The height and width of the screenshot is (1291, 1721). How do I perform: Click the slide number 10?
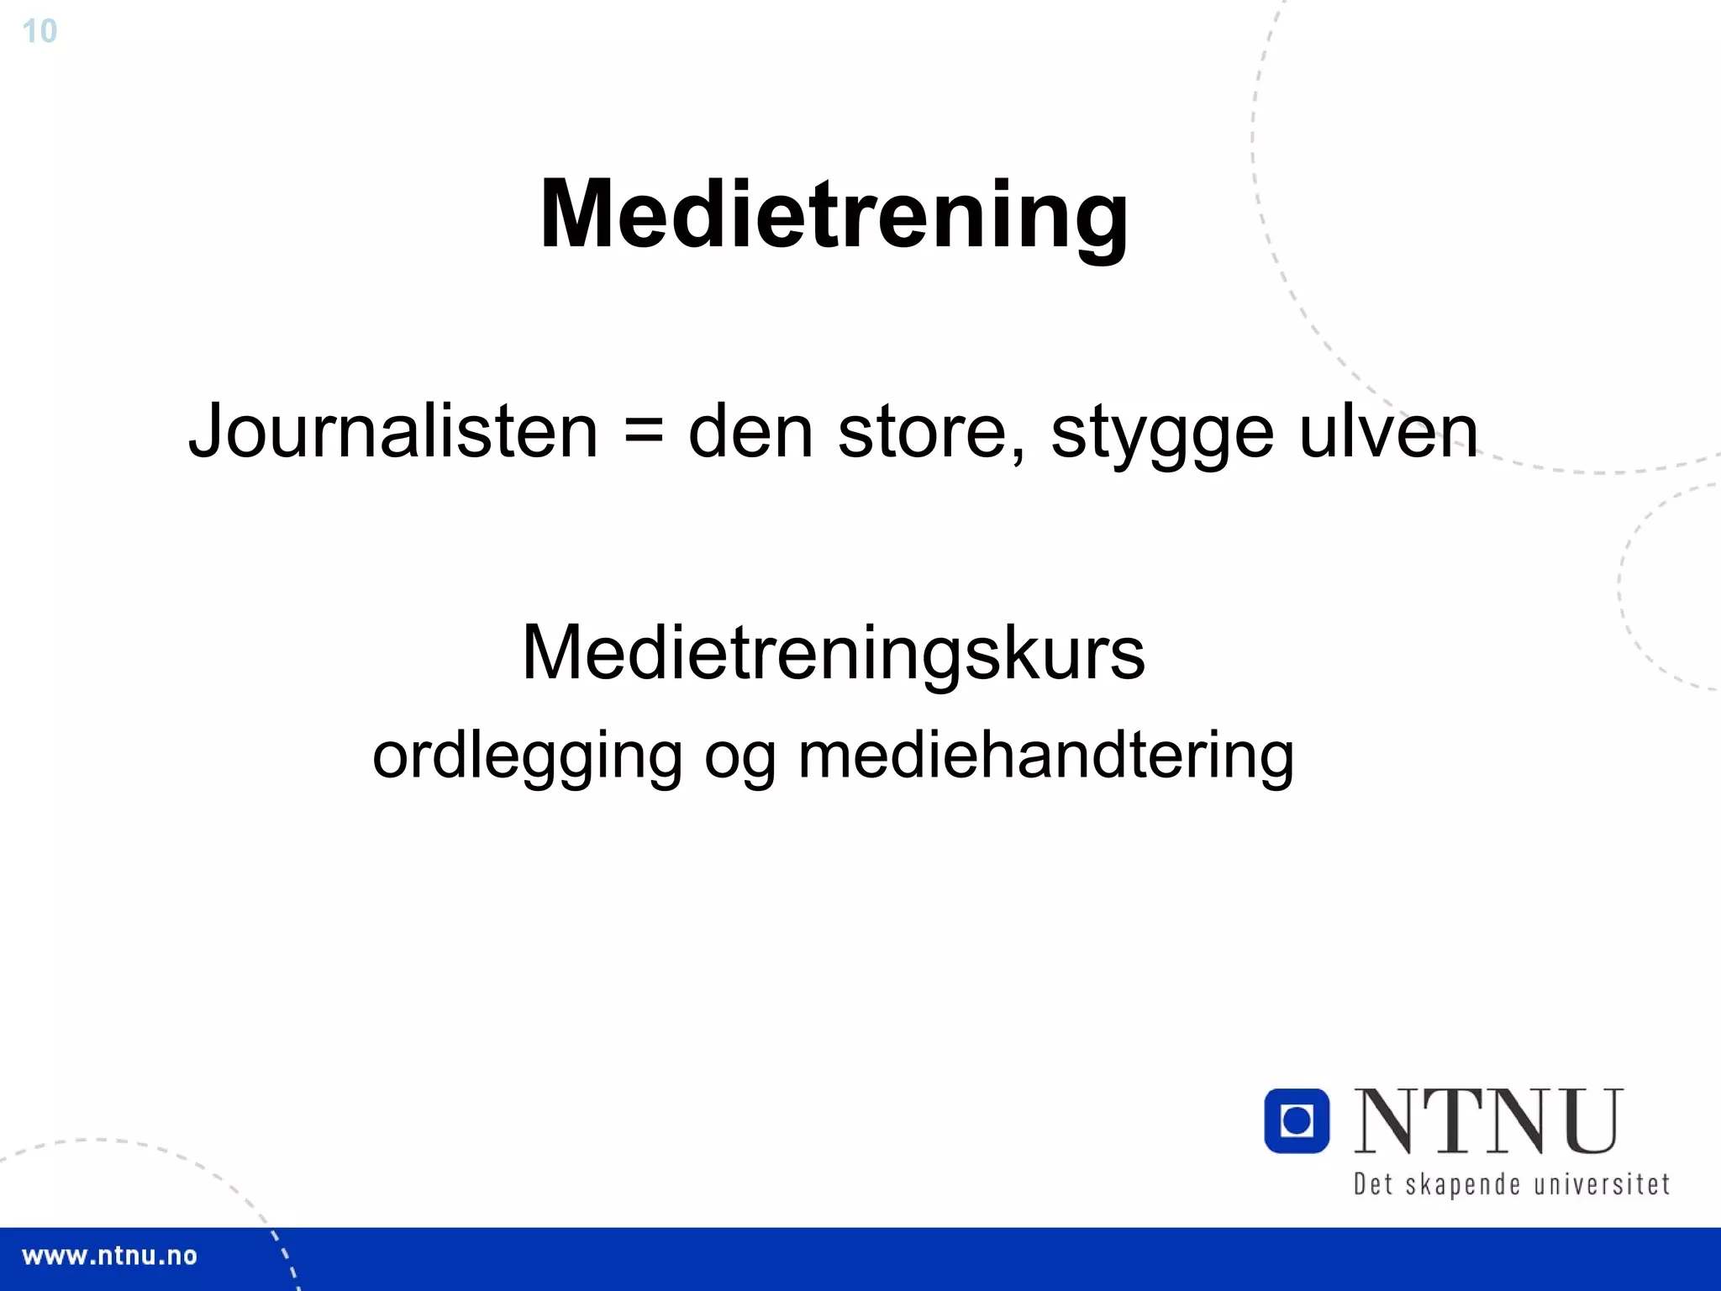click(x=39, y=32)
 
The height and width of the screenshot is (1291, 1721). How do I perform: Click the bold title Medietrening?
click(x=834, y=214)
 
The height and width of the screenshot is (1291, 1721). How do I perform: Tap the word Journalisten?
click(x=393, y=431)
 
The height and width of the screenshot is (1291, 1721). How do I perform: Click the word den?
click(x=750, y=431)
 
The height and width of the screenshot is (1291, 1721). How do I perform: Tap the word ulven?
click(x=1388, y=431)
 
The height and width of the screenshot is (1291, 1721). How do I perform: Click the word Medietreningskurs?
click(x=833, y=653)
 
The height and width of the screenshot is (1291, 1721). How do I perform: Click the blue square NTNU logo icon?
click(x=1297, y=1120)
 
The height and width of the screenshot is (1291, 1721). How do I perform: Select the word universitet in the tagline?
click(x=1602, y=1184)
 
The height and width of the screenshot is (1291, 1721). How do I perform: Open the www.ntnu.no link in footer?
click(x=109, y=1257)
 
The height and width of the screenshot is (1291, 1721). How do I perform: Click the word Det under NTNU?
click(x=1372, y=1184)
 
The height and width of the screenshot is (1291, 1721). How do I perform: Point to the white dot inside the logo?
click(x=1297, y=1120)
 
